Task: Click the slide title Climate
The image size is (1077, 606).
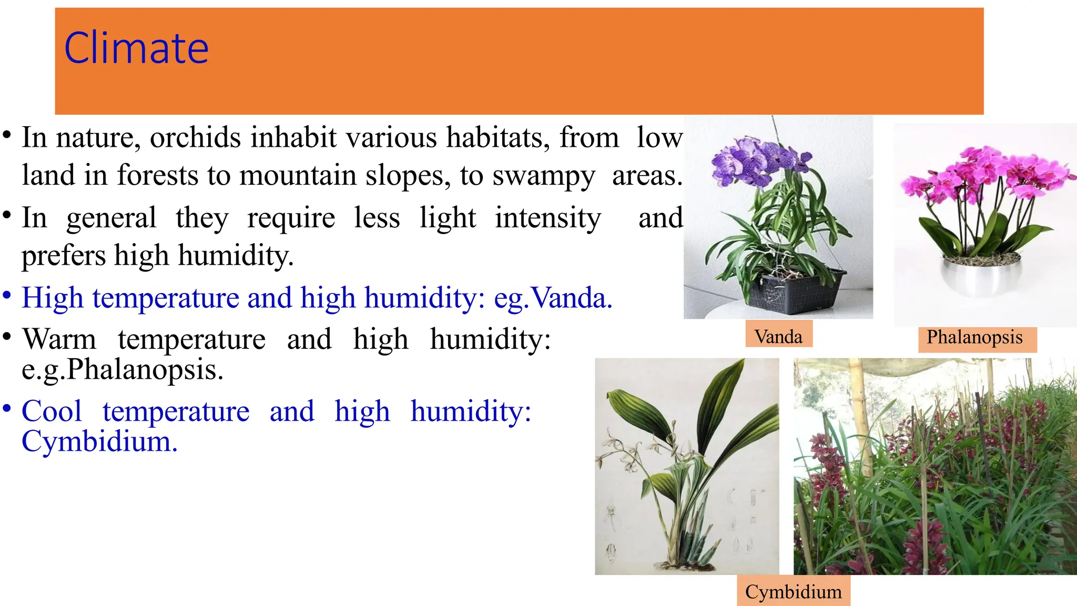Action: (136, 48)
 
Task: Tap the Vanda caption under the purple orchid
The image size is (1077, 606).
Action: (778, 337)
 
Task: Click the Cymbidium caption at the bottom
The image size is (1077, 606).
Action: (793, 592)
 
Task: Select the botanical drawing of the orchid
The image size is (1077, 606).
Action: (686, 466)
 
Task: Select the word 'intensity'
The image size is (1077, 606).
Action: (547, 218)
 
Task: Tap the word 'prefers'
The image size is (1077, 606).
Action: (64, 256)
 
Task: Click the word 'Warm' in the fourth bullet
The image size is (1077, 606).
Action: (59, 339)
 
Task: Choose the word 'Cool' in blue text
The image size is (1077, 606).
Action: (52, 411)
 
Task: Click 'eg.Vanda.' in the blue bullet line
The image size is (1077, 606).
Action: (553, 298)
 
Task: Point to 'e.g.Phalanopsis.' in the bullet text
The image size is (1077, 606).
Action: (123, 369)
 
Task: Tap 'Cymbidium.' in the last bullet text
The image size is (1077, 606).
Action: (99, 441)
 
